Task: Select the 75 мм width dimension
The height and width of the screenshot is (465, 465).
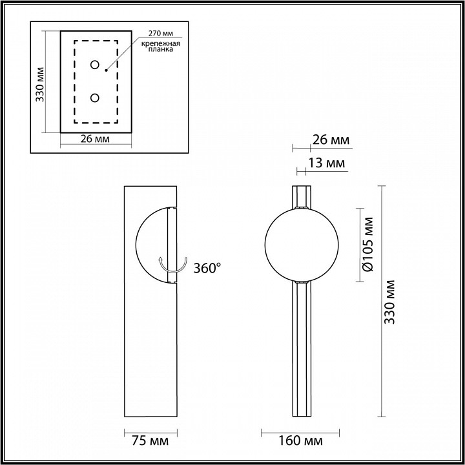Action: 150,441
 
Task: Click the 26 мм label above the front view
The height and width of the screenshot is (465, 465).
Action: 330,139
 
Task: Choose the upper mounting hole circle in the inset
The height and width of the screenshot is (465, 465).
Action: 95,65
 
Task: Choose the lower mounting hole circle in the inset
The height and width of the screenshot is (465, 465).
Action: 95,98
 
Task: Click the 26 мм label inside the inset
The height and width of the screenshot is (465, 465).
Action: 95,138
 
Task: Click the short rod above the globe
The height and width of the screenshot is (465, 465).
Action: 302,196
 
